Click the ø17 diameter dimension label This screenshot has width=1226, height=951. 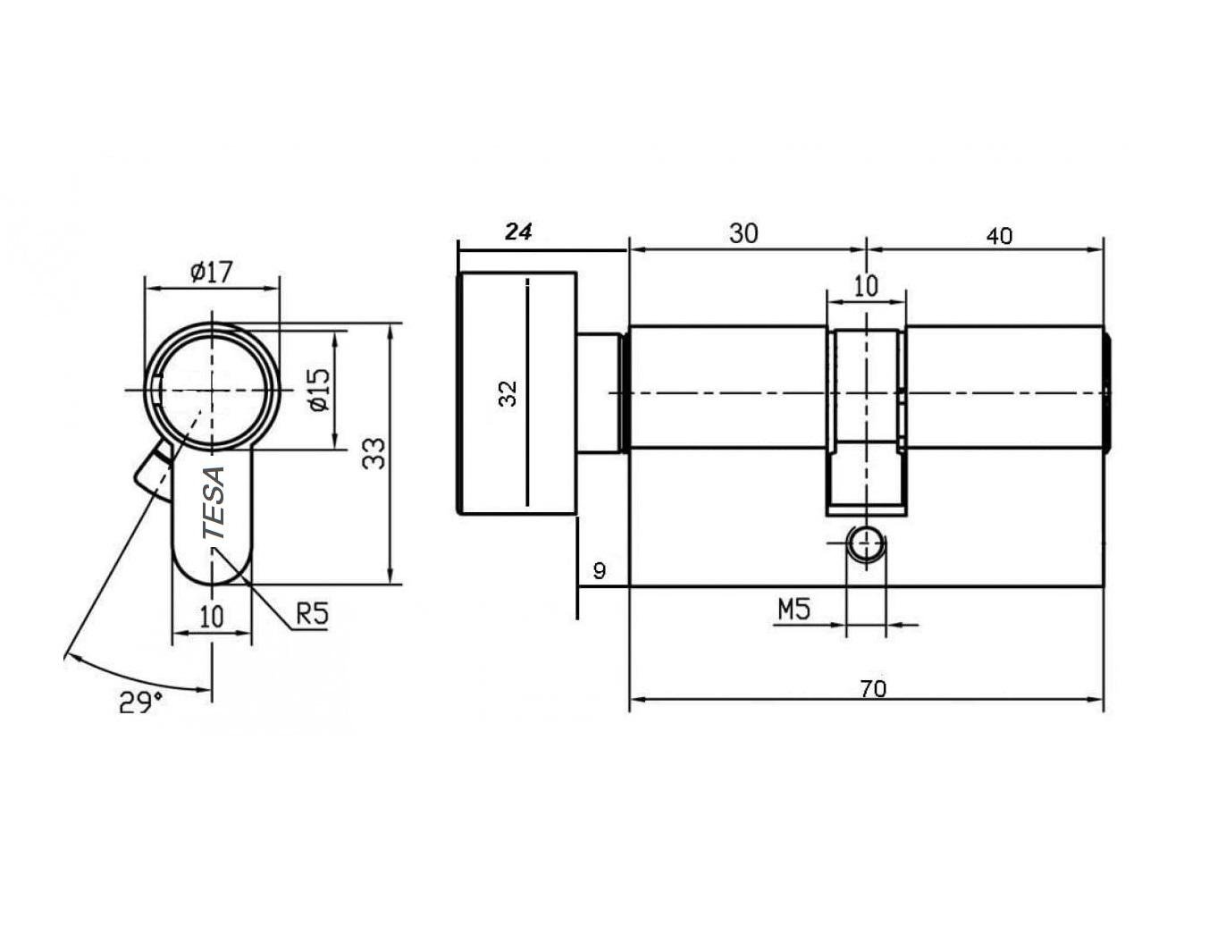[x=211, y=271]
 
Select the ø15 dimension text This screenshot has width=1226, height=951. [x=319, y=390]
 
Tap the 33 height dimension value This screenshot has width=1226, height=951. [x=376, y=452]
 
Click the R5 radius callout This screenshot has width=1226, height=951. [x=313, y=613]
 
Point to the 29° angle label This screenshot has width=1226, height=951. [x=140, y=702]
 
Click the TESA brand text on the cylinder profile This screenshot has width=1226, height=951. [x=214, y=502]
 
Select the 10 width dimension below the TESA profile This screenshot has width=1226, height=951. [x=211, y=617]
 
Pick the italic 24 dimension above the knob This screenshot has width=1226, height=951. [x=518, y=231]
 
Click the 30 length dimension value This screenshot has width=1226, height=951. [x=743, y=233]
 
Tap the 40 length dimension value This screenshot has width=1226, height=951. [x=999, y=236]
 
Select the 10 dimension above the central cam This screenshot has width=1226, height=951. [x=866, y=286]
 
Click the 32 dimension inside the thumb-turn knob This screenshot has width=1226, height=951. [x=508, y=393]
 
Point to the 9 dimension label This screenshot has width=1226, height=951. [x=599, y=570]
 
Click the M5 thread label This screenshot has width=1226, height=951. [x=794, y=610]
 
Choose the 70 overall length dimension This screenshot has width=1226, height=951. [x=873, y=688]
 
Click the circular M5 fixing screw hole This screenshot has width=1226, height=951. [x=866, y=543]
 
